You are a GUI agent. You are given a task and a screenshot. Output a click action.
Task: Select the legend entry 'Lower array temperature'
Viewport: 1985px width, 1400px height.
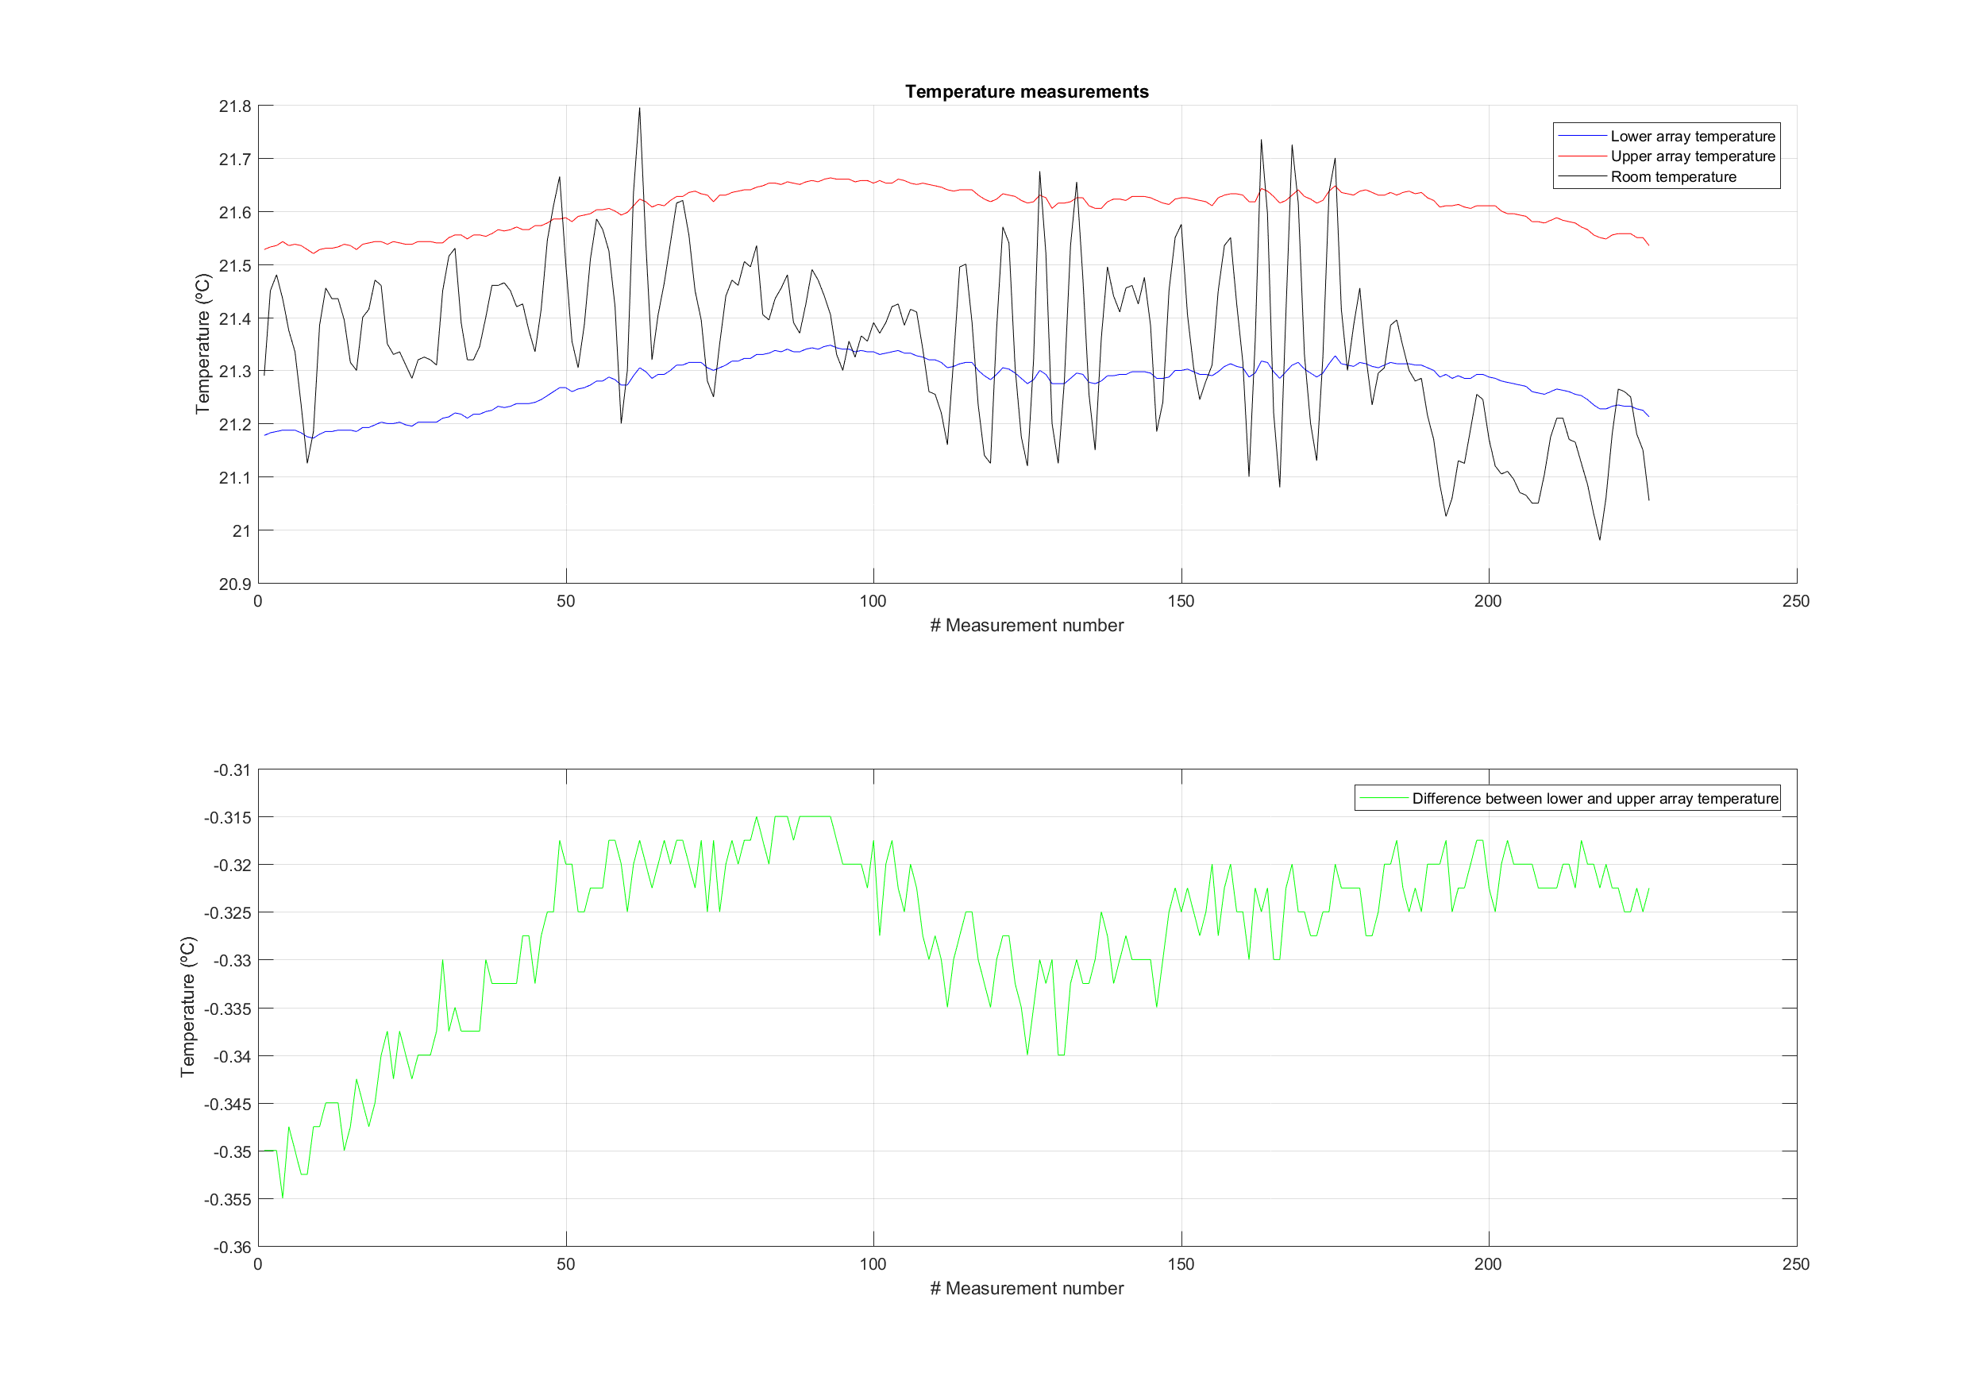coord(1692,137)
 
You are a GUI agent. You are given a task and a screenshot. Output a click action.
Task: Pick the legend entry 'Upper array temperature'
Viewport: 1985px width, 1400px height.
coord(1692,156)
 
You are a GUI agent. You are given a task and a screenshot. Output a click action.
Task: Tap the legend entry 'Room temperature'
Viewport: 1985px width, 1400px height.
coord(1673,177)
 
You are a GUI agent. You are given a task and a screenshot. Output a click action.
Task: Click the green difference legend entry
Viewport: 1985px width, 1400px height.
coord(1594,799)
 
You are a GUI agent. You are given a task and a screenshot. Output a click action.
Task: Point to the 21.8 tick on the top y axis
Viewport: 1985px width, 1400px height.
coord(235,106)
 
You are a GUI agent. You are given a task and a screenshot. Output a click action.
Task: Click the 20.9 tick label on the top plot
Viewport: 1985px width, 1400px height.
coord(235,584)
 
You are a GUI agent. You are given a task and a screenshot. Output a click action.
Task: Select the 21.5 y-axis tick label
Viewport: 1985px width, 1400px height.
coord(235,265)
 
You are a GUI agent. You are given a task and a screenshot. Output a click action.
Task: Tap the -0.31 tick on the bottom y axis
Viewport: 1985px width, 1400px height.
coord(232,770)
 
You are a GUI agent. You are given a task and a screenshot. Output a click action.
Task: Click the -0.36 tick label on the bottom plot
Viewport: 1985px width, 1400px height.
coord(232,1248)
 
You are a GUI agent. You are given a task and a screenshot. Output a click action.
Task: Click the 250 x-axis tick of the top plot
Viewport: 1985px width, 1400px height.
coord(1796,602)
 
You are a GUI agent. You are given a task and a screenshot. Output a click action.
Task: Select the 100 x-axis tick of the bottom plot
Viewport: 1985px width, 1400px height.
coord(873,1265)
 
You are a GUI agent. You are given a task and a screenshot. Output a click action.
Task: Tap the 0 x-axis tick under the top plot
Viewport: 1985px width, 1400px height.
coord(259,602)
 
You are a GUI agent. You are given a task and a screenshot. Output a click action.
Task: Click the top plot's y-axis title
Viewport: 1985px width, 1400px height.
coord(203,344)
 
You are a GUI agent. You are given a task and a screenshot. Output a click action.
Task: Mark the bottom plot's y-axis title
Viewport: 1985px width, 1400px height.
coord(187,1008)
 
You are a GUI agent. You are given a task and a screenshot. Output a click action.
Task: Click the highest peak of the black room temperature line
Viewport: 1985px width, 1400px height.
coord(640,108)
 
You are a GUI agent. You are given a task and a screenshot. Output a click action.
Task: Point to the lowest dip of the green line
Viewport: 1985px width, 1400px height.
coord(283,1198)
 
